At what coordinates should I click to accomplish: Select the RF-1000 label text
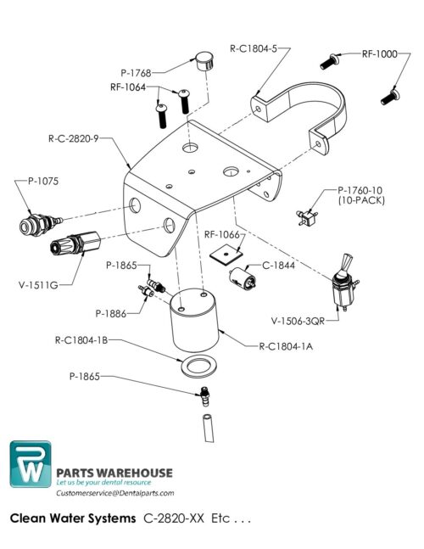point(379,53)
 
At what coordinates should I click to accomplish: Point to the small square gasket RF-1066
point(226,252)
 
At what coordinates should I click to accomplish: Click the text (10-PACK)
point(360,201)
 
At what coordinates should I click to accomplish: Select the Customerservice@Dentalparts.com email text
point(114,493)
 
